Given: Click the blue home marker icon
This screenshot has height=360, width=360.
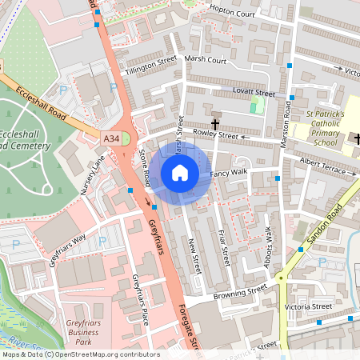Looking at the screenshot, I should tap(180, 172).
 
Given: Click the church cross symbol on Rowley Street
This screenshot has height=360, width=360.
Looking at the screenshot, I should tap(215, 124).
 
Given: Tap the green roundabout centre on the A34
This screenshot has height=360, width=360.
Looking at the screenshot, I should tap(125, 138).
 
